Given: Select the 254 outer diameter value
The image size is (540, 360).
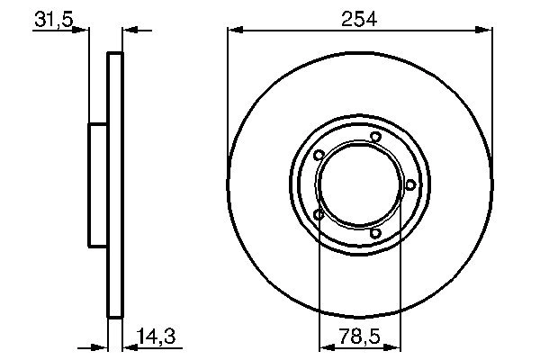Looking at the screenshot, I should [359, 16].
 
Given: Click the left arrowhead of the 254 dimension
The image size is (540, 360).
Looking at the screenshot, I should [234, 31].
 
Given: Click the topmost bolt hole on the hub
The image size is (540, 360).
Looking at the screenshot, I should [375, 137].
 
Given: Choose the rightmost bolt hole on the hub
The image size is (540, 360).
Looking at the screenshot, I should [410, 185].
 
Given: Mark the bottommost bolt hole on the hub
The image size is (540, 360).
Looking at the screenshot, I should [375, 235].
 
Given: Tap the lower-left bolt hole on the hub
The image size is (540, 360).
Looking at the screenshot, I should [319, 214].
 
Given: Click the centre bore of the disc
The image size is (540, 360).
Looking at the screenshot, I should [359, 185].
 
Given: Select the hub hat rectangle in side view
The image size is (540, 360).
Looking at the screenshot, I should [97, 184].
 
